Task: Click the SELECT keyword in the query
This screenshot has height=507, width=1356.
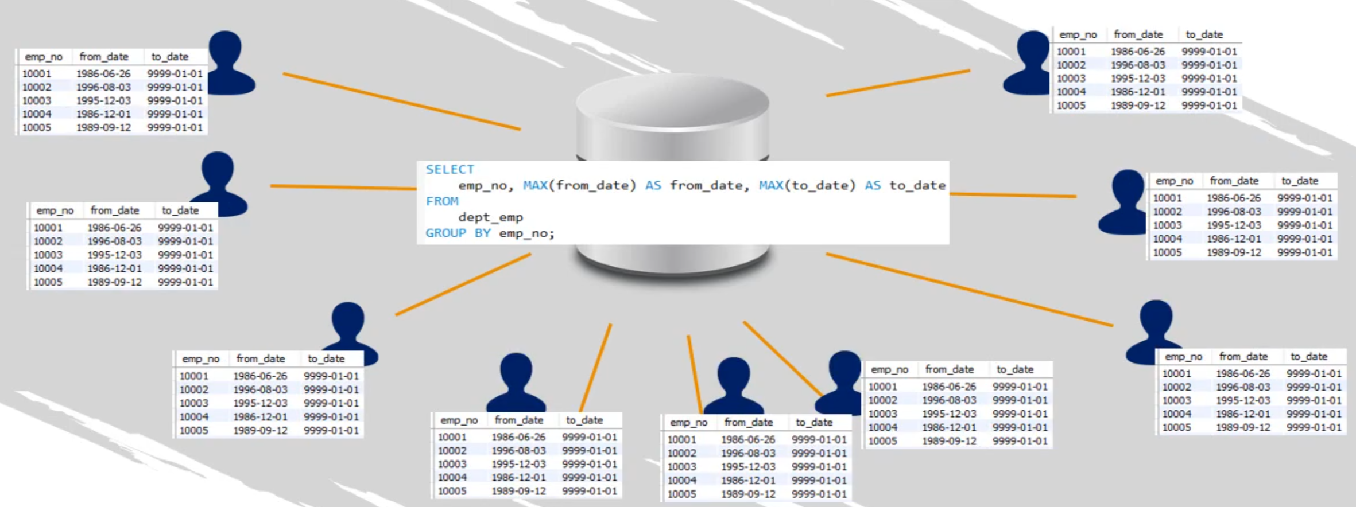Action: (x=450, y=169)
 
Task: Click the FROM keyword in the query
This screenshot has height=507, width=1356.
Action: (x=442, y=201)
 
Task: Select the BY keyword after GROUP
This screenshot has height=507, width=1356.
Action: (x=482, y=233)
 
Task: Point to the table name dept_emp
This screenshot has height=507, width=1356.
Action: (x=490, y=217)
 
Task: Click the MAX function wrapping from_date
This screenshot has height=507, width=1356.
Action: (x=535, y=185)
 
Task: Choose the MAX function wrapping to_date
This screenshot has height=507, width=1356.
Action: (x=771, y=185)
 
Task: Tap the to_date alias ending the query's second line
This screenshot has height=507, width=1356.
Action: (x=917, y=185)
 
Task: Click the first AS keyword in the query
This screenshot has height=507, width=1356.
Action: (x=653, y=185)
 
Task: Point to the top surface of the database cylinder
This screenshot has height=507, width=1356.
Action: (x=672, y=103)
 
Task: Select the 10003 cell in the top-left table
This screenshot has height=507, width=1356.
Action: (x=36, y=100)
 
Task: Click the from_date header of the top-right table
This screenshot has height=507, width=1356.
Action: (x=1138, y=34)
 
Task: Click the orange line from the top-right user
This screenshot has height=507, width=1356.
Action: (x=898, y=83)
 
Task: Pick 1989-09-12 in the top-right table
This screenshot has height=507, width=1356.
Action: (x=1138, y=106)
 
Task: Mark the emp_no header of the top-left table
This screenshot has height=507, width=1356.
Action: (x=44, y=57)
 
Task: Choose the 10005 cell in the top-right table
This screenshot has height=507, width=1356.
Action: (x=1071, y=106)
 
